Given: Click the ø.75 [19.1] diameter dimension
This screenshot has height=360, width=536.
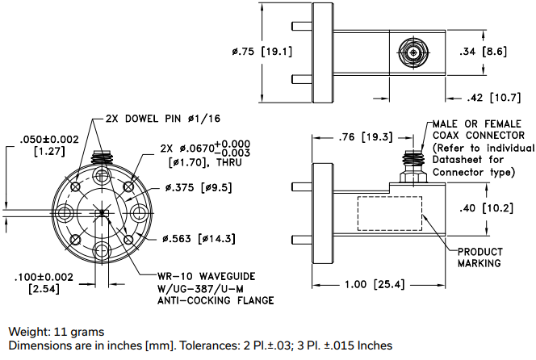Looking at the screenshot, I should pyautogui.click(x=261, y=52).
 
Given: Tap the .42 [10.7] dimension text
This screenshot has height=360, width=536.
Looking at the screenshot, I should pyautogui.click(x=493, y=98).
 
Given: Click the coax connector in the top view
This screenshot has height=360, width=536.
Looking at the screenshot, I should pyautogui.click(x=412, y=54).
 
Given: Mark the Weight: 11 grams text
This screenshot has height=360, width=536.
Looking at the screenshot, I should pyautogui.click(x=56, y=332).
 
